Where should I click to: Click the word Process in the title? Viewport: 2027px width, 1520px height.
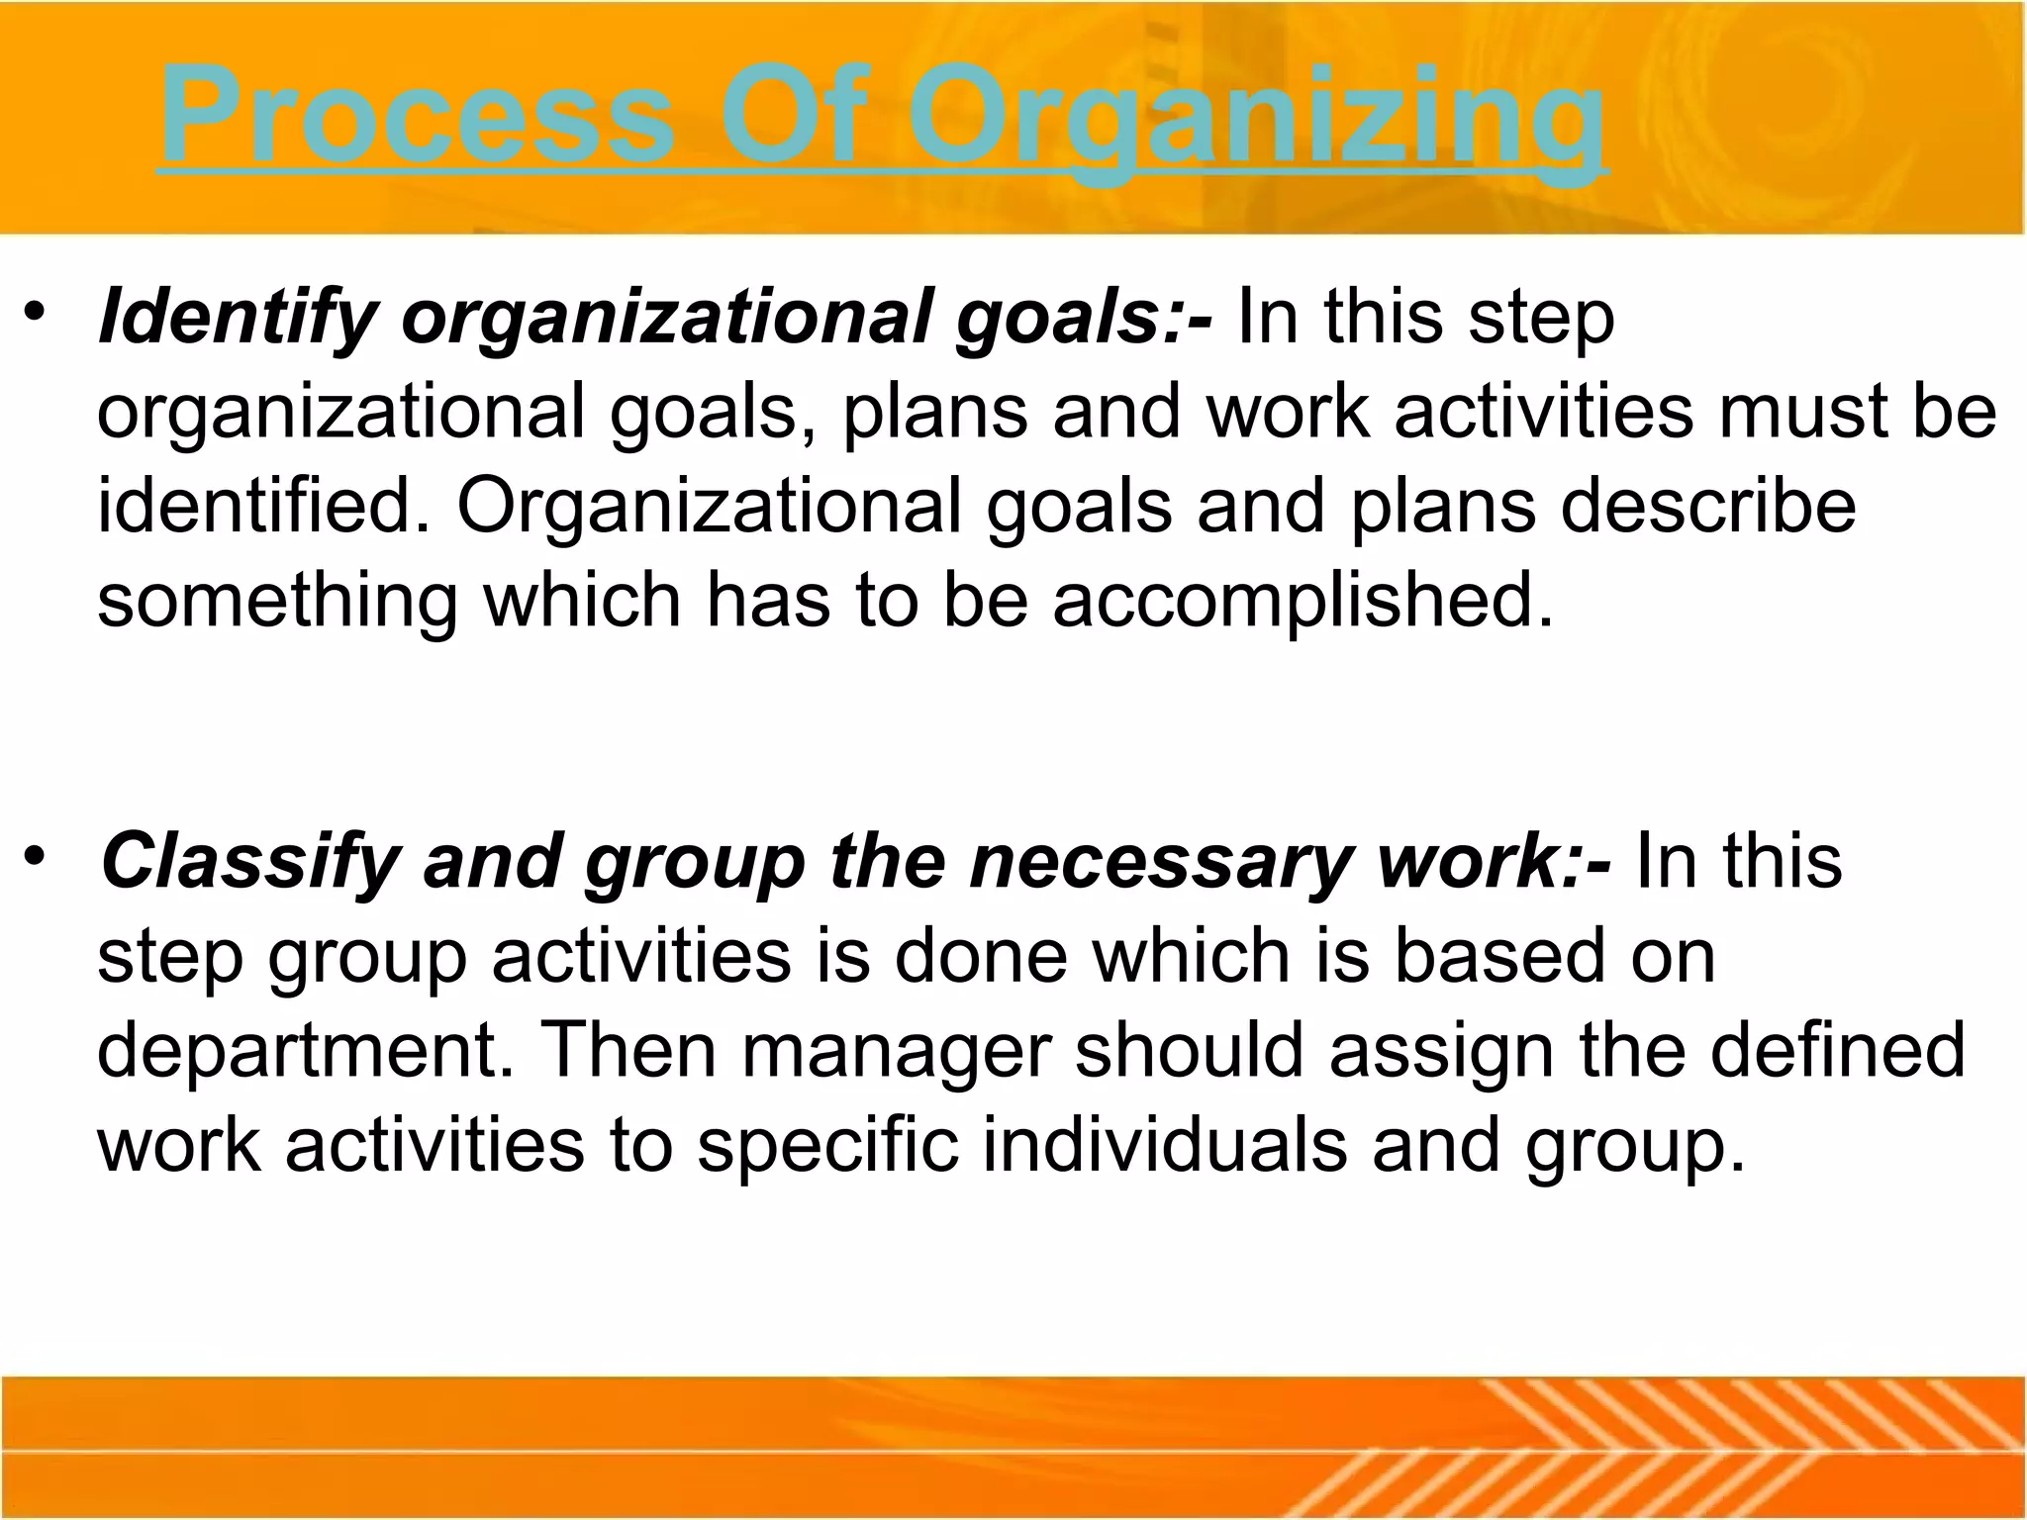pyautogui.click(x=416, y=117)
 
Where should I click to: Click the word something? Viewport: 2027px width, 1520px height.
pyautogui.click(x=277, y=602)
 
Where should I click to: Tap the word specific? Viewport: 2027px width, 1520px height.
pyautogui.click(x=827, y=1145)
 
